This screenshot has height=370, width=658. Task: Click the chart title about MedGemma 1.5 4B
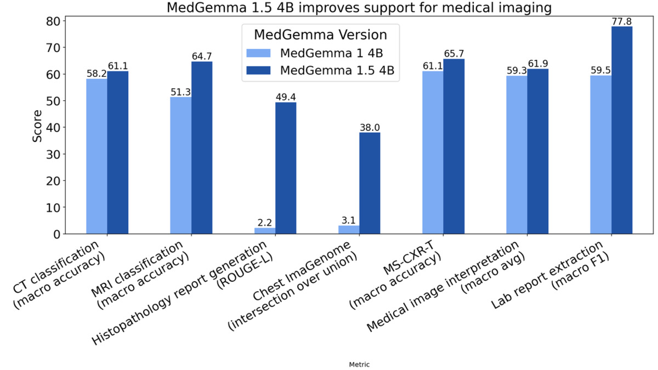[329, 8]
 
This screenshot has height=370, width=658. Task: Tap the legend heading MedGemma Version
[321, 35]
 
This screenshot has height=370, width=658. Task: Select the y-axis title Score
[37, 127]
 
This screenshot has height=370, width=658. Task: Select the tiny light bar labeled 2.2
[265, 231]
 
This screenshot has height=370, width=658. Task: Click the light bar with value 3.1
[349, 230]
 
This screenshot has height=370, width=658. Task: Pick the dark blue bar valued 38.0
[370, 183]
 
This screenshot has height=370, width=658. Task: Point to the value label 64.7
[202, 56]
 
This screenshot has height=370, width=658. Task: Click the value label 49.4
[286, 97]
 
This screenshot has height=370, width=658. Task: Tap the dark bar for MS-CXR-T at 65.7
[454, 146]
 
